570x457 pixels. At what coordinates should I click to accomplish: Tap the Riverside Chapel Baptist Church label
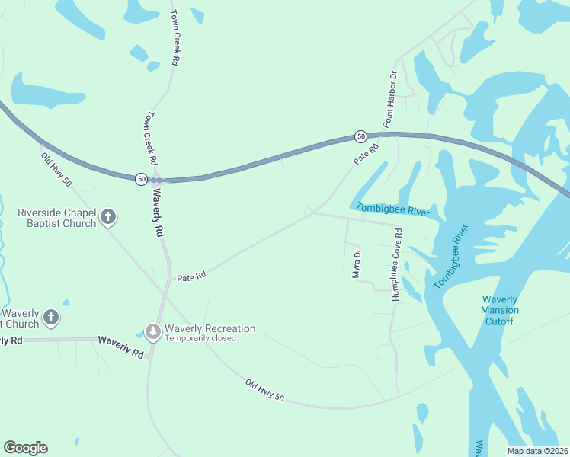click(57, 218)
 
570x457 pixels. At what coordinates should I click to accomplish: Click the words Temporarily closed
click(200, 338)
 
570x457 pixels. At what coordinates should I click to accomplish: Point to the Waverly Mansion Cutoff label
click(500, 311)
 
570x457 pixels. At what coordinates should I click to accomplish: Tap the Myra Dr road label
click(356, 264)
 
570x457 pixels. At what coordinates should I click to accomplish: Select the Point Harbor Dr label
click(390, 99)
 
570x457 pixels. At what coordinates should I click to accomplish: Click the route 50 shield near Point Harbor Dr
click(360, 136)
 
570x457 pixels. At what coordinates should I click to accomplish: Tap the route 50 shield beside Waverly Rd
click(141, 179)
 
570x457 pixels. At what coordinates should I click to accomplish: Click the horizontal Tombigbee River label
click(392, 209)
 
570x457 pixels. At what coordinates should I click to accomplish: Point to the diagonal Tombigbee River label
click(450, 257)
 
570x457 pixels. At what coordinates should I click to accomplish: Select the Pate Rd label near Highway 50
click(366, 155)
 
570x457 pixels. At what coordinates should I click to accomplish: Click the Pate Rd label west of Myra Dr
click(192, 278)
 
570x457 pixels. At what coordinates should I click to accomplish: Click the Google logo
click(25, 448)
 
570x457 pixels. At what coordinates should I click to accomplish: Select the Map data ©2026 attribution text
click(537, 451)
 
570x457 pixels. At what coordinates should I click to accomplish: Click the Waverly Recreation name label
click(210, 328)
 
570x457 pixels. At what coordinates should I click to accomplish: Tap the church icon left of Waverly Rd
click(51, 318)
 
